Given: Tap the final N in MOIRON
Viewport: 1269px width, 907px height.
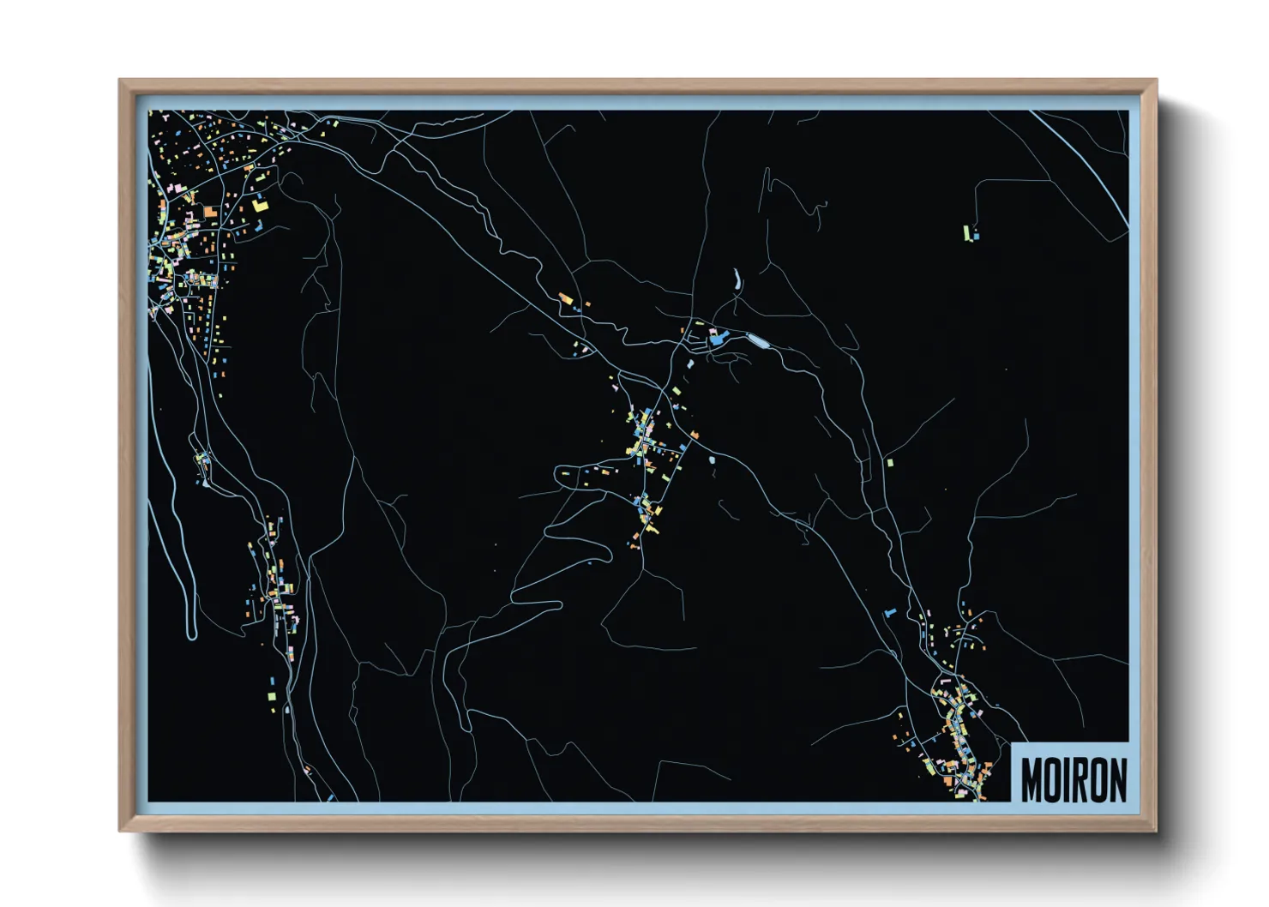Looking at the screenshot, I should click(x=1117, y=779).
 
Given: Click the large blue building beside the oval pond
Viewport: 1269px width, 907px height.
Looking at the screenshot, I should click(x=717, y=339).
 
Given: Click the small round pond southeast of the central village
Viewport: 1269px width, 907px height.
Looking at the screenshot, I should click(x=713, y=460).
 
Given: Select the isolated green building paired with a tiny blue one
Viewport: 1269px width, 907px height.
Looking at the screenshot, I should click(x=967, y=232).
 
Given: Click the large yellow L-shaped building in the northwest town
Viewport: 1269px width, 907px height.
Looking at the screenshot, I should click(x=260, y=205).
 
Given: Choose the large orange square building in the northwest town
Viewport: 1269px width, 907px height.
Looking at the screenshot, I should click(x=210, y=211).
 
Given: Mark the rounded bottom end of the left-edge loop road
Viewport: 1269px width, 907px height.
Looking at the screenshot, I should click(x=191, y=634).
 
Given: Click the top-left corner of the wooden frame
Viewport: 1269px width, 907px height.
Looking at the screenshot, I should click(x=119, y=80).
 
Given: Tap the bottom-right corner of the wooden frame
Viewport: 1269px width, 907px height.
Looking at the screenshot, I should click(x=1157, y=831).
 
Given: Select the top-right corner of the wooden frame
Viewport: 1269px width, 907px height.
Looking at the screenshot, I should click(x=1157, y=80).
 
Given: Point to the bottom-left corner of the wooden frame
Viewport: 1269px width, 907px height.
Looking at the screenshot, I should click(x=119, y=831).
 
